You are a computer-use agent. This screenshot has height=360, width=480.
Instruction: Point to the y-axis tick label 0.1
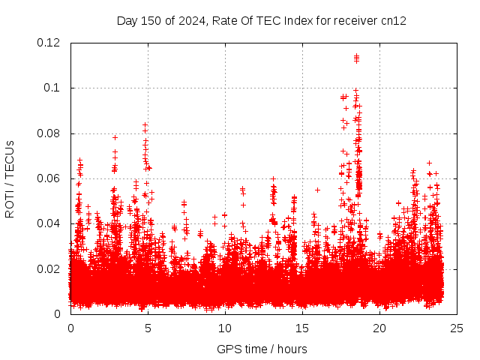click(x=54, y=88)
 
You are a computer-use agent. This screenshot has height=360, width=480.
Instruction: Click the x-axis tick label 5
click(x=148, y=328)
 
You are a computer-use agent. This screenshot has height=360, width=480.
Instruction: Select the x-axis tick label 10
click(x=225, y=328)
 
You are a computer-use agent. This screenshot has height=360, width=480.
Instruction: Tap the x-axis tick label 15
click(x=302, y=328)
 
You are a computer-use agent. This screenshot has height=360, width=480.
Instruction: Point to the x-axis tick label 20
click(x=379, y=328)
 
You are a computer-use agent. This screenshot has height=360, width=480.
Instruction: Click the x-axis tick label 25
click(x=457, y=328)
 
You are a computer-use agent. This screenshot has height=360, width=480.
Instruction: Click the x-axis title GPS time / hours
click(x=262, y=349)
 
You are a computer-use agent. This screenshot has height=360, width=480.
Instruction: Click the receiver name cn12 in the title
click(x=393, y=21)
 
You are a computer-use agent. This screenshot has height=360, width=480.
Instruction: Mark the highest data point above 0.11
click(x=356, y=55)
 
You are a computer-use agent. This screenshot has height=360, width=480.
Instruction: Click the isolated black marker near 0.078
click(x=115, y=137)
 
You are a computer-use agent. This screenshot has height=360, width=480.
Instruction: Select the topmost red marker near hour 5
click(x=145, y=124)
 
